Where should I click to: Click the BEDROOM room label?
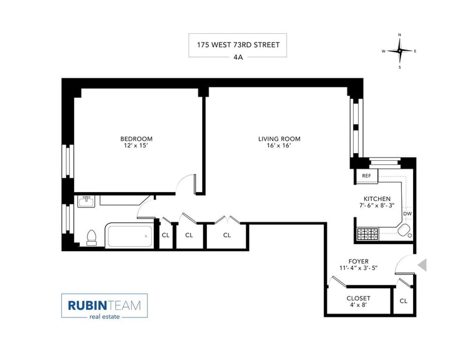136,139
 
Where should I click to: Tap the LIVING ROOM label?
279,139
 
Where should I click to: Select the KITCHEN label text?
377,199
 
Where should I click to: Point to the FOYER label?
358,262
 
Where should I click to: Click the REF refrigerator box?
366,176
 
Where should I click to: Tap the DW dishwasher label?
407,214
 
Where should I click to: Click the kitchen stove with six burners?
368,234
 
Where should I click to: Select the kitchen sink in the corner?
404,231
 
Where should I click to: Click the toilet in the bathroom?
91,238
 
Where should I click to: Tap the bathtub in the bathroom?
129,236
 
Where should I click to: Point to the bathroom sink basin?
86,201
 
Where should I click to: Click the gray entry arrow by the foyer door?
422,265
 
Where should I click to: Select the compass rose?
400,51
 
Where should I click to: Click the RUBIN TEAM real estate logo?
104,306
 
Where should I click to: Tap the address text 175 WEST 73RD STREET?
238,45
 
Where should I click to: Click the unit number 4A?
238,57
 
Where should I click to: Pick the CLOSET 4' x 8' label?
358,301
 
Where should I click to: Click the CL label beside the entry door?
403,301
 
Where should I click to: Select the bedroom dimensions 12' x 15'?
136,146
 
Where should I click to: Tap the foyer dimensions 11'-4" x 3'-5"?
358,268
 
